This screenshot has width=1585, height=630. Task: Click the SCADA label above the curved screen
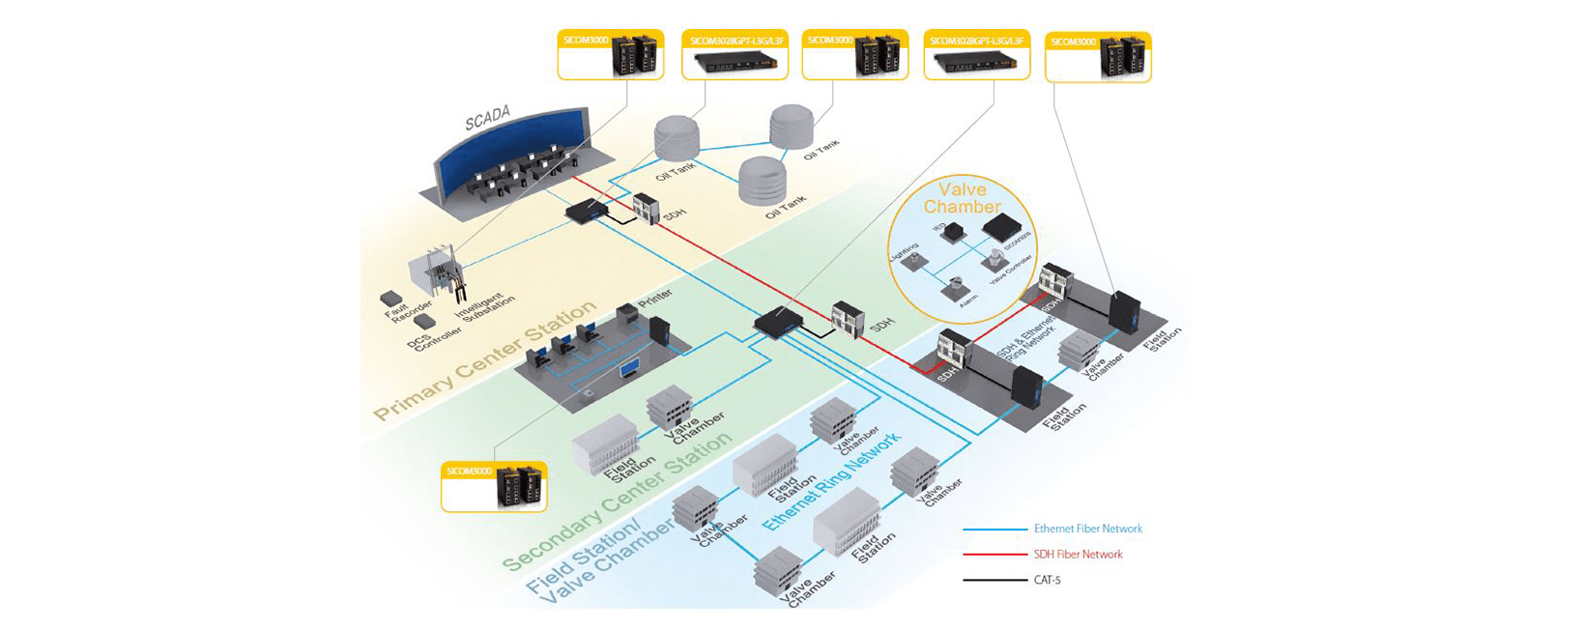coord(487,118)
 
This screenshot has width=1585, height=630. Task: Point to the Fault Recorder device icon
coord(391,298)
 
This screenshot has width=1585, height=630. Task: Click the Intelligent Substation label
coord(480,306)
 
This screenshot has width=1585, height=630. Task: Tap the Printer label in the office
coord(655,299)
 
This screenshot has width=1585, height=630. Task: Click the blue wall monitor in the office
coord(629,369)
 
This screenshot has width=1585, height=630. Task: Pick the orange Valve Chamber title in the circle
coord(962,198)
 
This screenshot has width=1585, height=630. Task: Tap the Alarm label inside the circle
coord(968,300)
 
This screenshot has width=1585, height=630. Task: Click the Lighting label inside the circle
coord(903,252)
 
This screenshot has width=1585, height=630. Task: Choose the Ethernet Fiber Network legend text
coord(1087,529)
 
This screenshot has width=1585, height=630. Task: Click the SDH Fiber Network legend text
coord(1078,555)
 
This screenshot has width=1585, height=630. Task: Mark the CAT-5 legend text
coord(1047,580)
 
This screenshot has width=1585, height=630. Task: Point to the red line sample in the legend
coord(994,555)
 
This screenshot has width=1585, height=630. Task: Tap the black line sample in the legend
coord(994,580)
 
